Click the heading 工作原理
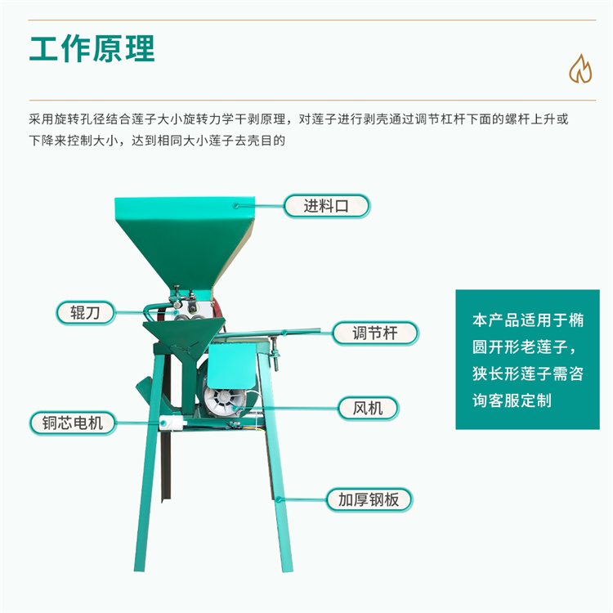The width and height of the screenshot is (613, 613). [92, 48]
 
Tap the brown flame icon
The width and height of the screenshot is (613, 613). [580, 69]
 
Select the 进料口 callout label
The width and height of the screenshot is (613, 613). [326, 206]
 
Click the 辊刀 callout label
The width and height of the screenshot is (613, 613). [86, 313]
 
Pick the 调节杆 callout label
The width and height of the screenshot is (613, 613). [375, 333]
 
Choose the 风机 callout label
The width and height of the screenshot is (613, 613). [368, 408]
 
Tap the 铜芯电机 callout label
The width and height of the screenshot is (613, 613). [73, 423]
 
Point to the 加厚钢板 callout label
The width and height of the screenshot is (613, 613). [369, 499]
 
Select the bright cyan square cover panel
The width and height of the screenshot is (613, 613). [232, 366]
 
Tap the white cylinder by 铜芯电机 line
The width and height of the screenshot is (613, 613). [172, 423]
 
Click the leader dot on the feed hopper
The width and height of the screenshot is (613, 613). [235, 206]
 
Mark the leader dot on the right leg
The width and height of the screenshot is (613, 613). [279, 499]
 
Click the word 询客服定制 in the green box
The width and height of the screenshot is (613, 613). [512, 400]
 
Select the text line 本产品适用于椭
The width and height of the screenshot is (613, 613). [528, 320]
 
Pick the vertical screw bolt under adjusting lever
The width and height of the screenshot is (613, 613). [275, 354]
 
